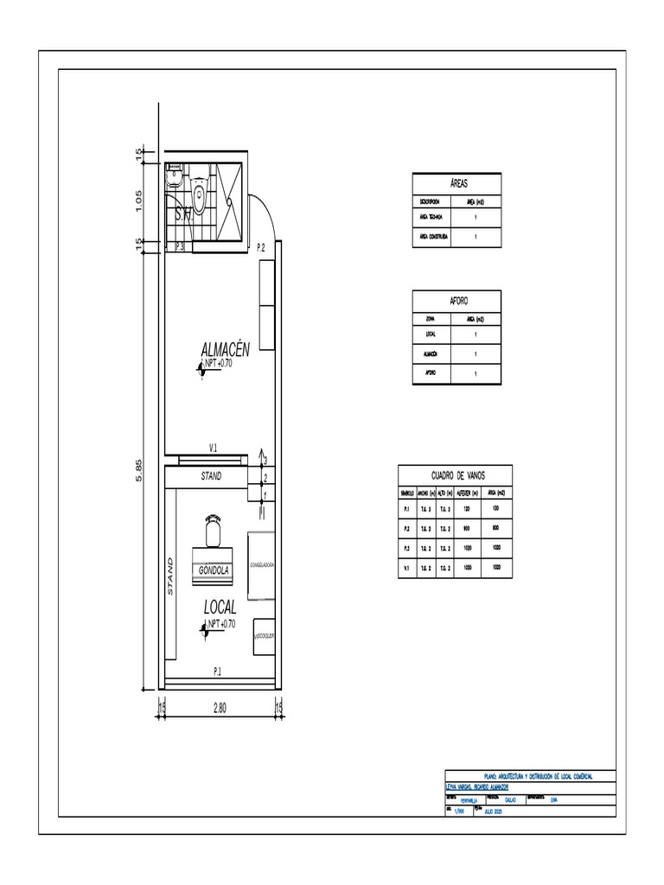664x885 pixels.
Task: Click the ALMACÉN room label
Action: (x=225, y=349)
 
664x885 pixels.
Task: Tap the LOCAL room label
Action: (x=220, y=608)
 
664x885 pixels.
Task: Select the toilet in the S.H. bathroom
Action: (x=200, y=195)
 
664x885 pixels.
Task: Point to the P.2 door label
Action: (x=261, y=248)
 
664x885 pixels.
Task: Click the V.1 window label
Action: (x=213, y=447)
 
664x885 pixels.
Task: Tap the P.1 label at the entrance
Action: (x=218, y=671)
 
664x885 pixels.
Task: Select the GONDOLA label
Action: (x=214, y=570)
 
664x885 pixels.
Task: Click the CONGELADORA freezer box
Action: (x=262, y=564)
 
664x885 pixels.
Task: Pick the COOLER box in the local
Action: (x=264, y=636)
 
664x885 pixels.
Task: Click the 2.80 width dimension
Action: (x=220, y=708)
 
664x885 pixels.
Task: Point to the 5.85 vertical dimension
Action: (x=139, y=471)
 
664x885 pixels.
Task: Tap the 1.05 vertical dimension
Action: (x=139, y=199)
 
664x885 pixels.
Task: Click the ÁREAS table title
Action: (x=458, y=184)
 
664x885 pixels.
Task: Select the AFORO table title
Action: (x=458, y=301)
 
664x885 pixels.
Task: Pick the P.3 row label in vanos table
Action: (x=406, y=548)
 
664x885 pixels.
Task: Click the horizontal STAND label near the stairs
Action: (x=211, y=475)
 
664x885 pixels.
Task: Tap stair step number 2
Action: (x=265, y=477)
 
